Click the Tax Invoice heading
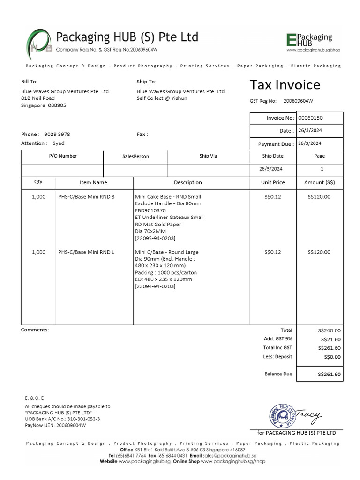tap(285, 85)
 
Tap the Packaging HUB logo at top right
tap(309, 42)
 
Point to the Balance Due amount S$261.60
tap(329, 375)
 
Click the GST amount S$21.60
tap(330, 339)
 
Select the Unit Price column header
tap(273, 183)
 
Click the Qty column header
tap(38, 182)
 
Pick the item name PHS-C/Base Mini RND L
tap(86, 252)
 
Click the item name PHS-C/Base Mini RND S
tap(86, 197)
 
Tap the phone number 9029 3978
tap(57, 135)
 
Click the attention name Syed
tap(59, 143)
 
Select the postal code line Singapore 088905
tap(44, 105)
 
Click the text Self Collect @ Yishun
tap(162, 98)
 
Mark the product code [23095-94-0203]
tap(155, 238)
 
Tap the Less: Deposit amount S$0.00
tap(332, 357)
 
